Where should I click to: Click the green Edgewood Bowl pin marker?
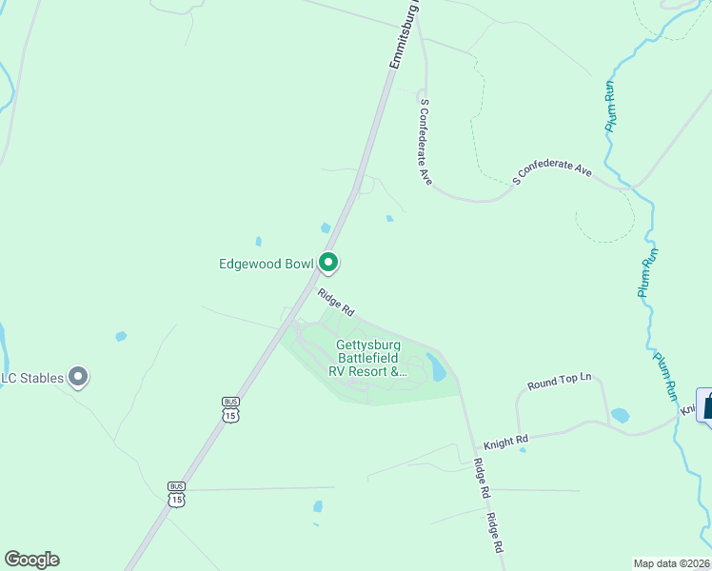pos(328,262)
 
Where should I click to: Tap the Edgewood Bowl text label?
pos(267,263)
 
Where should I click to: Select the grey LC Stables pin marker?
pos(79,378)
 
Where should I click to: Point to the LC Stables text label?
pos(33,378)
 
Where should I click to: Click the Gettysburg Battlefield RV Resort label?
pos(367,359)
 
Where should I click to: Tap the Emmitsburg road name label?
pos(405,35)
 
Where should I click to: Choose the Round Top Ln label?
pos(560,382)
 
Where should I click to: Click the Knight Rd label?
pos(505,442)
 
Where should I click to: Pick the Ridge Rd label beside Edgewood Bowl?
pos(336,303)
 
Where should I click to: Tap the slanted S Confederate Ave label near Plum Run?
pos(552,171)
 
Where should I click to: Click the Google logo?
pos(31,560)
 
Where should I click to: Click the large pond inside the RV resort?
pos(437,366)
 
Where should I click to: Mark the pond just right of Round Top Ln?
pos(620,416)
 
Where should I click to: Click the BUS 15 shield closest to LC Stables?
pos(229,410)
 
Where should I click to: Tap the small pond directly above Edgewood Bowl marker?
pos(326,228)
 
